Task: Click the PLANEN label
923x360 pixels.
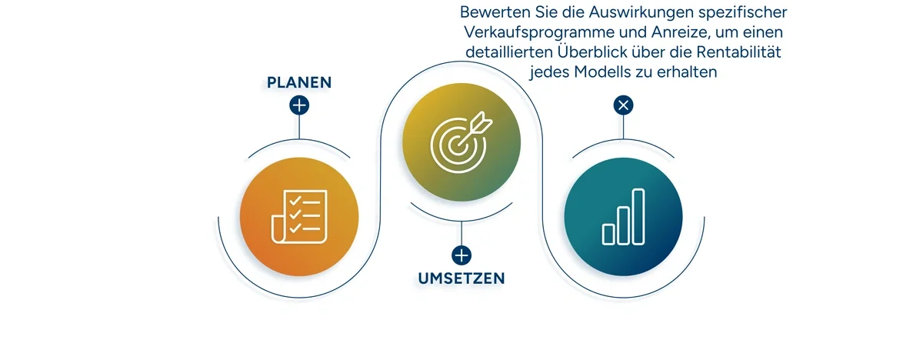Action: point(298,83)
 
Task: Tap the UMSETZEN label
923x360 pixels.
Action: point(461,278)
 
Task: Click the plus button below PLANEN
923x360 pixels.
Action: point(299,105)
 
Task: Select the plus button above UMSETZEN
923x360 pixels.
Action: point(461,255)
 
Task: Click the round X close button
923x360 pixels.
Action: point(624,105)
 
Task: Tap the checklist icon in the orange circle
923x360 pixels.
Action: point(299,216)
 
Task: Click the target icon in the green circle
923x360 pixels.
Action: point(461,142)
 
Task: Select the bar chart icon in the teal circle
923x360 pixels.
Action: point(624,216)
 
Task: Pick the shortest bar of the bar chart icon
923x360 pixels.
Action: point(608,234)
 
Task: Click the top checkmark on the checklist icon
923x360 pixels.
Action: point(295,201)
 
